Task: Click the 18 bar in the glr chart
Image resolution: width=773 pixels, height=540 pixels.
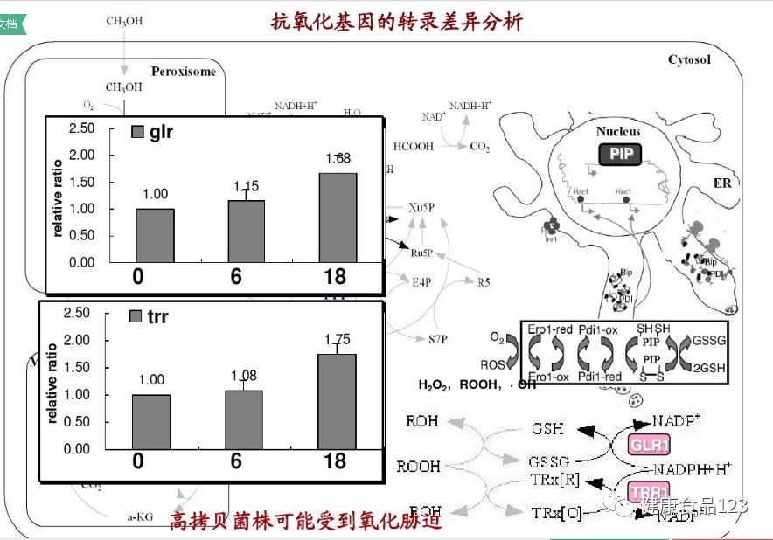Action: [337, 218]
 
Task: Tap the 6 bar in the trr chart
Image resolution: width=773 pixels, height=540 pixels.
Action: [245, 419]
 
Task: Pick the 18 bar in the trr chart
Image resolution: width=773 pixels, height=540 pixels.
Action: [337, 401]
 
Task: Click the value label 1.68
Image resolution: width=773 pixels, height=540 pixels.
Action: [338, 159]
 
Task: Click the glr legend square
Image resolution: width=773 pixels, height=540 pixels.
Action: [137, 132]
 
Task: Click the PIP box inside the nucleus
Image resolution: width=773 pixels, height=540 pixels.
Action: [620, 155]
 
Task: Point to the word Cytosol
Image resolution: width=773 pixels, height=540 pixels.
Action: [689, 59]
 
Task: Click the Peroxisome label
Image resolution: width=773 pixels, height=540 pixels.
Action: [183, 72]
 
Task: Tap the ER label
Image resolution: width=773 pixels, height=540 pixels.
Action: [721, 183]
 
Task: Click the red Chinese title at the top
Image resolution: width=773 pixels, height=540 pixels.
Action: [397, 21]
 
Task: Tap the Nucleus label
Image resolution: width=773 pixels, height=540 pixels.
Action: [618, 131]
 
